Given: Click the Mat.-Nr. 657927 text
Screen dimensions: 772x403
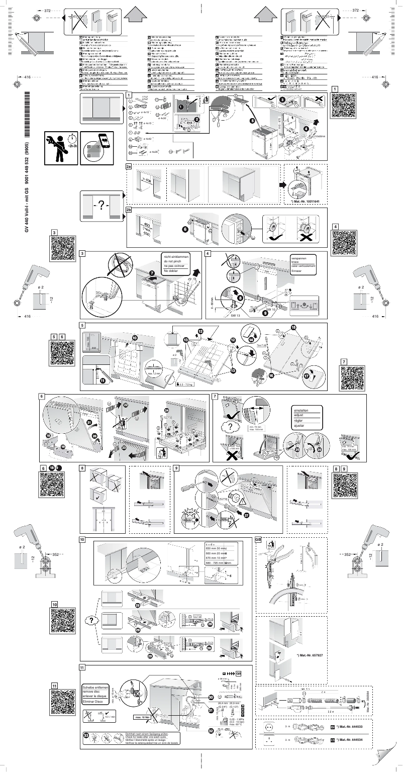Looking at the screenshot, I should coord(309,656).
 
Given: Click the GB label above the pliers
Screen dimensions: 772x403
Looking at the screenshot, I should coord(258,540).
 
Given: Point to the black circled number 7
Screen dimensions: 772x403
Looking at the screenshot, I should coord(152,272).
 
